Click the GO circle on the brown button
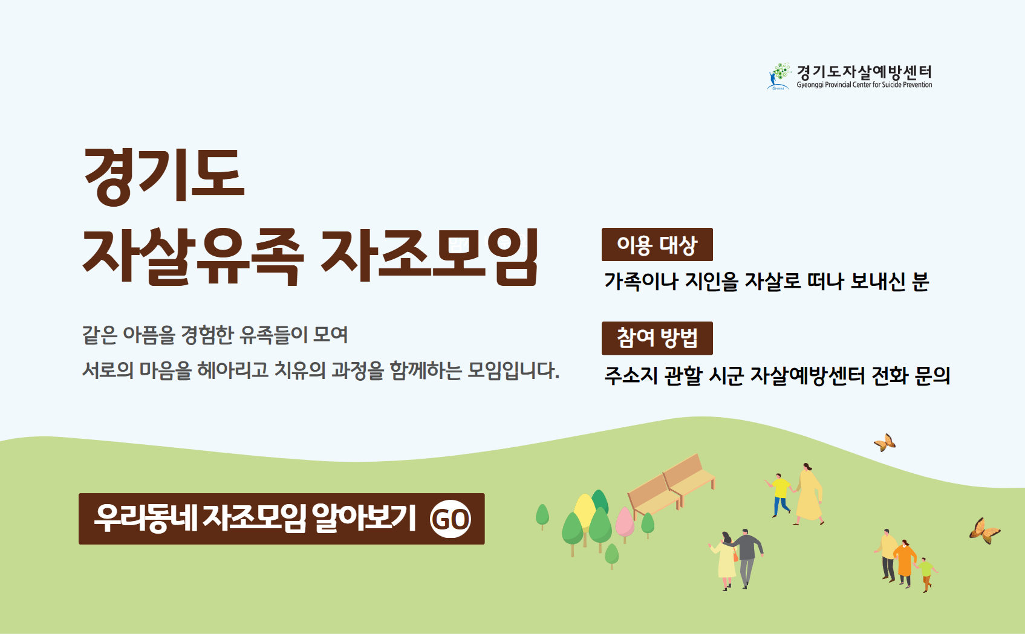click(451, 519)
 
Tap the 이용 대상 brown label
click(657, 244)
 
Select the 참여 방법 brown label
click(657, 338)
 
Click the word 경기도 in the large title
click(164, 176)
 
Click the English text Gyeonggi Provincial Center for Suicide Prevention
click(864, 85)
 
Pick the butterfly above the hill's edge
click(885, 443)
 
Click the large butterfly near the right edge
click(984, 531)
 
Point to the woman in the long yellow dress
click(809, 494)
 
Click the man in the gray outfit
click(747, 558)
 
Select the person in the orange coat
click(905, 563)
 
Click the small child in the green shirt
click(926, 575)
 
